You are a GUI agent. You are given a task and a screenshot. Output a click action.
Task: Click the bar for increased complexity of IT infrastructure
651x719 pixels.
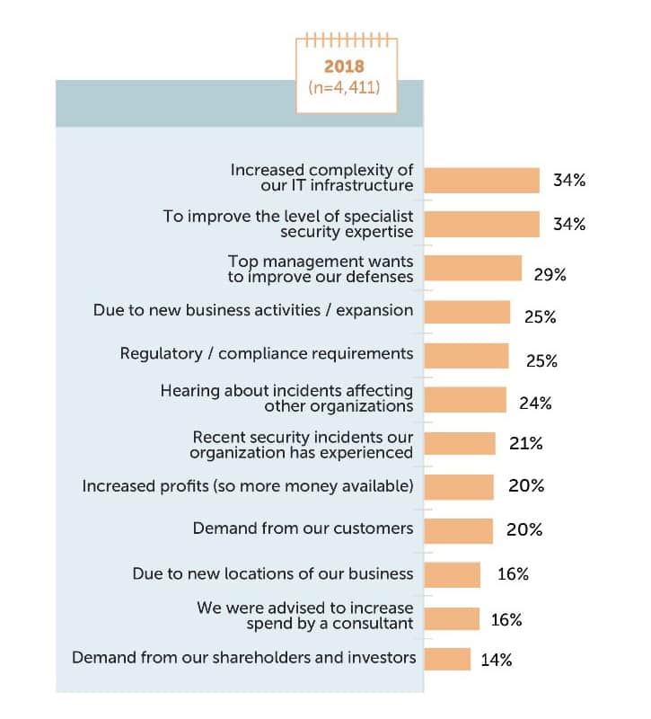click(x=481, y=181)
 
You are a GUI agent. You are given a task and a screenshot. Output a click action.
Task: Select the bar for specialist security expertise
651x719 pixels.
click(x=481, y=224)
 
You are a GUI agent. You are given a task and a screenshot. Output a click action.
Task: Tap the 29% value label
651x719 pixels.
click(x=550, y=274)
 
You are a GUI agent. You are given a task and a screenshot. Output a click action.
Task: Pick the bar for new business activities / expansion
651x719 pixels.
click(x=467, y=312)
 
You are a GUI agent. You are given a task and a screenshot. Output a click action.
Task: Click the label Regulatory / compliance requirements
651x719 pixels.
click(x=267, y=353)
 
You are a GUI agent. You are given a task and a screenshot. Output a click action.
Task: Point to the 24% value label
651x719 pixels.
click(x=535, y=403)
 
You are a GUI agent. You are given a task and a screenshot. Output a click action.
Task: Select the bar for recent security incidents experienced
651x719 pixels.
click(x=460, y=443)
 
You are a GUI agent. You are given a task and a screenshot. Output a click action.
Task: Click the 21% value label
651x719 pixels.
click(x=526, y=443)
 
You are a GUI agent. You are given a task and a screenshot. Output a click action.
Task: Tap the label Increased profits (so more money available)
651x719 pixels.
click(x=248, y=486)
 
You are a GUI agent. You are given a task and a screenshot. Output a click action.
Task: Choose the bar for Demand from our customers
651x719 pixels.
click(x=458, y=530)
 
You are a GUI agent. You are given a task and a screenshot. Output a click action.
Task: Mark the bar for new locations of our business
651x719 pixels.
click(x=453, y=574)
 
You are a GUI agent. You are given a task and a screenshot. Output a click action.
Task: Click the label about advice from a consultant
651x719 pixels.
click(x=305, y=616)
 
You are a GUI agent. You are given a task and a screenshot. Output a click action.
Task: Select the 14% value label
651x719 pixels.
click(x=496, y=660)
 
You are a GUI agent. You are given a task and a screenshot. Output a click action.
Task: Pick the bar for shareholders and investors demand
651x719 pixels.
click(x=447, y=659)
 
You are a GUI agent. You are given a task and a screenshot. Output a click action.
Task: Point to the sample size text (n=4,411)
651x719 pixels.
click(x=346, y=88)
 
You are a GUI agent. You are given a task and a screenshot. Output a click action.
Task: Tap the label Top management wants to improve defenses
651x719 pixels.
click(x=320, y=269)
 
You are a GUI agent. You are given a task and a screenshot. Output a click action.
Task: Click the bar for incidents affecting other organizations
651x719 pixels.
click(x=465, y=400)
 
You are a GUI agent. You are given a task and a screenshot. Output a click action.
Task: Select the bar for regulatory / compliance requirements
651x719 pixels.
click(x=466, y=356)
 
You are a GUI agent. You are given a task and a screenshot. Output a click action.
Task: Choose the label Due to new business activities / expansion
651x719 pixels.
click(x=253, y=310)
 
